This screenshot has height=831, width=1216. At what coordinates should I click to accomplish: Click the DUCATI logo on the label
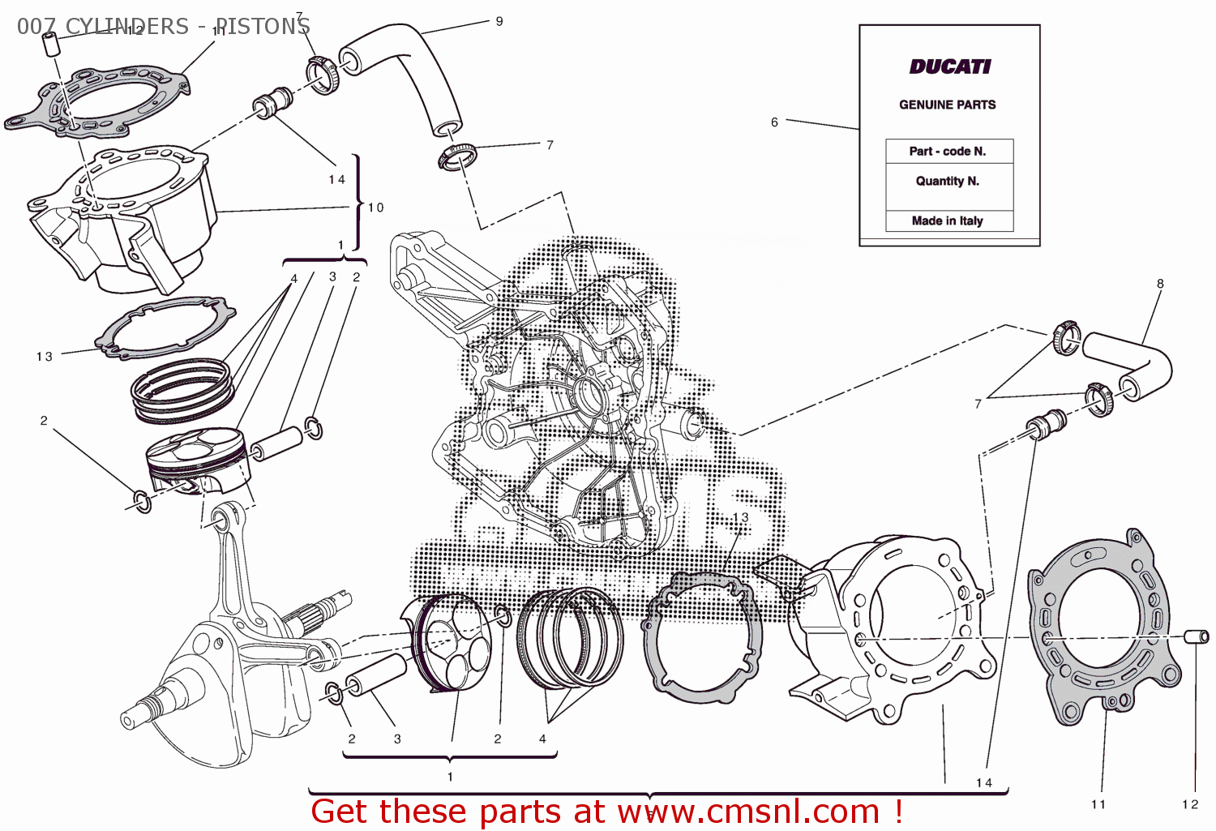click(949, 66)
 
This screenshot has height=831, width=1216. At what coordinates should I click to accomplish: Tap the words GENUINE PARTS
click(947, 105)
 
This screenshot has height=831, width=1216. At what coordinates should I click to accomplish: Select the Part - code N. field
click(948, 152)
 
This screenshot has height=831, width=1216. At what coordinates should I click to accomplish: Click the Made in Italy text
click(948, 221)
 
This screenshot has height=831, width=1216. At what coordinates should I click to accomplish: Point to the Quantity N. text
click(948, 181)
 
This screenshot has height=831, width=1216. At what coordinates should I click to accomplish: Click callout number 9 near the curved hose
click(499, 21)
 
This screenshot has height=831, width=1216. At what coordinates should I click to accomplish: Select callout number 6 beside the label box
click(774, 122)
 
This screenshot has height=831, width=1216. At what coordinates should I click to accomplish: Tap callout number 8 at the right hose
click(1160, 284)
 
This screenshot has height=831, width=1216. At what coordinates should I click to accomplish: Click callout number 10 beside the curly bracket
click(376, 208)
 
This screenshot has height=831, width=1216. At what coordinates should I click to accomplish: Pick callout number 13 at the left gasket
click(44, 357)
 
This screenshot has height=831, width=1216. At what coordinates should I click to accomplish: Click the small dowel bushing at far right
click(1197, 636)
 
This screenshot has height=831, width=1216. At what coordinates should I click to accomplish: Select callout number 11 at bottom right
click(1098, 804)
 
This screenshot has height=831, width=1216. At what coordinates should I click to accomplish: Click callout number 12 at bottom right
click(1189, 804)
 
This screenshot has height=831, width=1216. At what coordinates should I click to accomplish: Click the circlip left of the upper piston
click(141, 501)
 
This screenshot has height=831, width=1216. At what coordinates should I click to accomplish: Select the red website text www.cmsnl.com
click(748, 812)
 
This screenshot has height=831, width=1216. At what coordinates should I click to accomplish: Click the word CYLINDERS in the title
click(126, 27)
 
